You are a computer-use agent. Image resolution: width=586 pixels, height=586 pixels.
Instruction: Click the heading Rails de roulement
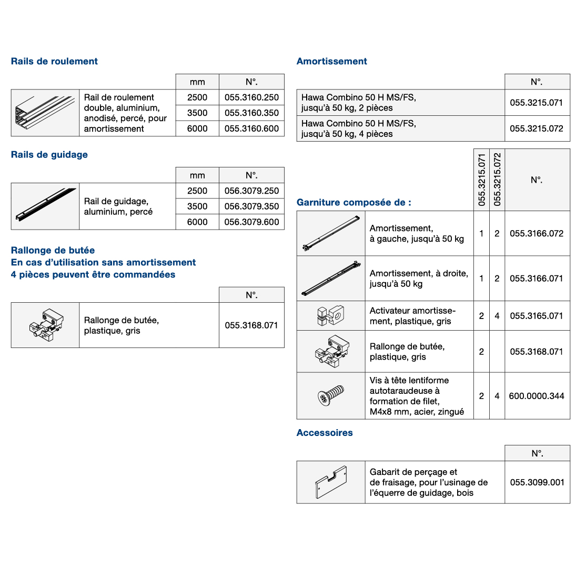click(x=54, y=61)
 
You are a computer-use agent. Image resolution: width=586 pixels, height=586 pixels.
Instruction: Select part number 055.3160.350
click(x=251, y=113)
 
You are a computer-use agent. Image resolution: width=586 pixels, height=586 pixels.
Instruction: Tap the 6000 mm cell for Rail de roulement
click(x=197, y=128)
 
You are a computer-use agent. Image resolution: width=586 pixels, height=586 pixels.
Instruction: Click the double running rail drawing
click(x=45, y=113)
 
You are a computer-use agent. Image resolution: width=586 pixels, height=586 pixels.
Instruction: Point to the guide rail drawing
click(x=46, y=205)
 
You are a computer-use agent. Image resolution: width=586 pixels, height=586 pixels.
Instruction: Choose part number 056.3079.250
click(x=251, y=191)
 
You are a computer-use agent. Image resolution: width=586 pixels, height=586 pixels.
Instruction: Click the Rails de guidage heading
click(x=49, y=155)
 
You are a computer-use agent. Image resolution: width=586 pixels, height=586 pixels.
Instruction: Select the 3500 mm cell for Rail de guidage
click(x=197, y=206)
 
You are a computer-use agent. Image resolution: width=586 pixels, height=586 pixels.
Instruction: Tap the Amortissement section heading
click(x=332, y=61)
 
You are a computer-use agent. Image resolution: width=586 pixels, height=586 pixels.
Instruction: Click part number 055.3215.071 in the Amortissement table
click(x=537, y=103)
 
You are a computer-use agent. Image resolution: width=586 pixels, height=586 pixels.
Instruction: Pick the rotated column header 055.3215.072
click(x=497, y=180)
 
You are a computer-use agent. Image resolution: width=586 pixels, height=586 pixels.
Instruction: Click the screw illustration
click(x=331, y=395)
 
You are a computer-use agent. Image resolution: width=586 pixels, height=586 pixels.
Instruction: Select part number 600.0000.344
click(x=537, y=396)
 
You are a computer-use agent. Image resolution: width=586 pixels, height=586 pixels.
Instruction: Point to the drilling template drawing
click(x=331, y=482)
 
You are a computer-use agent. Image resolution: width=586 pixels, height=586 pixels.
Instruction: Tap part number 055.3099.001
click(x=537, y=482)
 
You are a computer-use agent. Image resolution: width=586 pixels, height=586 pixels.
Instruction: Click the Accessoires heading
click(x=325, y=433)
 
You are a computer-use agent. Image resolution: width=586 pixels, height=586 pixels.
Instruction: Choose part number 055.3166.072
click(x=537, y=233)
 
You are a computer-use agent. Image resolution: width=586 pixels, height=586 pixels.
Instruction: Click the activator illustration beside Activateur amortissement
click(x=330, y=315)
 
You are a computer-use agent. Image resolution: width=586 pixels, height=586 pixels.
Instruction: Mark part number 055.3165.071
click(x=537, y=316)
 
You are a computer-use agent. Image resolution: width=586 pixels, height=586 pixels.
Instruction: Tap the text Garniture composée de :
click(x=354, y=203)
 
